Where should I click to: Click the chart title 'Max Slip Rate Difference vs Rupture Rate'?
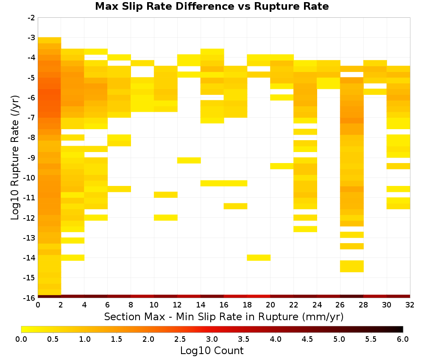pos(212,6)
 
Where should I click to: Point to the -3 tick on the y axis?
pos(32,38)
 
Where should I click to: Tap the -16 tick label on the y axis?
pos(30,298)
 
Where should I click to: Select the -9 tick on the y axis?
pos(32,158)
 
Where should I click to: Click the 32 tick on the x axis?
pos(410,305)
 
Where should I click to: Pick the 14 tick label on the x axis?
pos(201,305)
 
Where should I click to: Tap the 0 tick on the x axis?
pos(38,305)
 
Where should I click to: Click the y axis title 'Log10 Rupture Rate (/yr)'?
pos(15,158)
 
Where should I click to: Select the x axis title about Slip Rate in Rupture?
pos(224,316)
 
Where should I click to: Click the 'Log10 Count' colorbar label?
pos(212,351)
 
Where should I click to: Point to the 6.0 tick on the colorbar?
pos(403,339)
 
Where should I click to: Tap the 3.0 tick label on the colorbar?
pos(212,339)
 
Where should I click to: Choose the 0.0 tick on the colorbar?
pos(21,339)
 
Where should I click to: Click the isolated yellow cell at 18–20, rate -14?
pos(259,258)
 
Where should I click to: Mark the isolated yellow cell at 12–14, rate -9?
pos(189,161)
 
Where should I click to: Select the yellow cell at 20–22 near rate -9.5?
pos(282,166)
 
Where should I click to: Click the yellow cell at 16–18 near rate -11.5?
pos(235,206)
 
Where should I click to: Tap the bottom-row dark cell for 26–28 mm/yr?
pos(352,296)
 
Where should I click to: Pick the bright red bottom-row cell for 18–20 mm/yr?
pos(259,296)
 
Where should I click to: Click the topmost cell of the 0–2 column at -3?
pos(50,40)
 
